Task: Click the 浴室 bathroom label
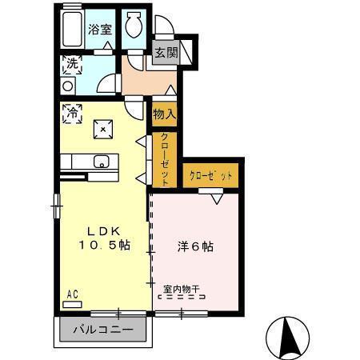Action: [x=99, y=30]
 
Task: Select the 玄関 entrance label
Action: [x=165, y=54]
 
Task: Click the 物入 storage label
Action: [x=164, y=114]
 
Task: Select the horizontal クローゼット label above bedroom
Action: [x=211, y=174]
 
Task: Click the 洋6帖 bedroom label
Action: [x=195, y=246]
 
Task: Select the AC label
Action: [x=72, y=294]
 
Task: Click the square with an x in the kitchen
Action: [x=102, y=127]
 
